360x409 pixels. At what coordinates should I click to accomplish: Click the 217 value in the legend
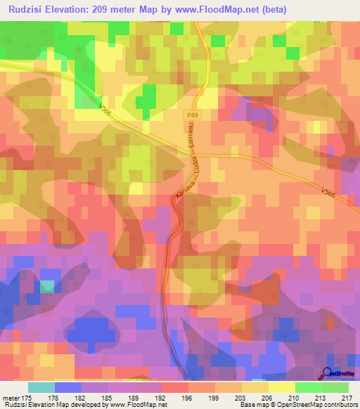pos(346,397)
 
